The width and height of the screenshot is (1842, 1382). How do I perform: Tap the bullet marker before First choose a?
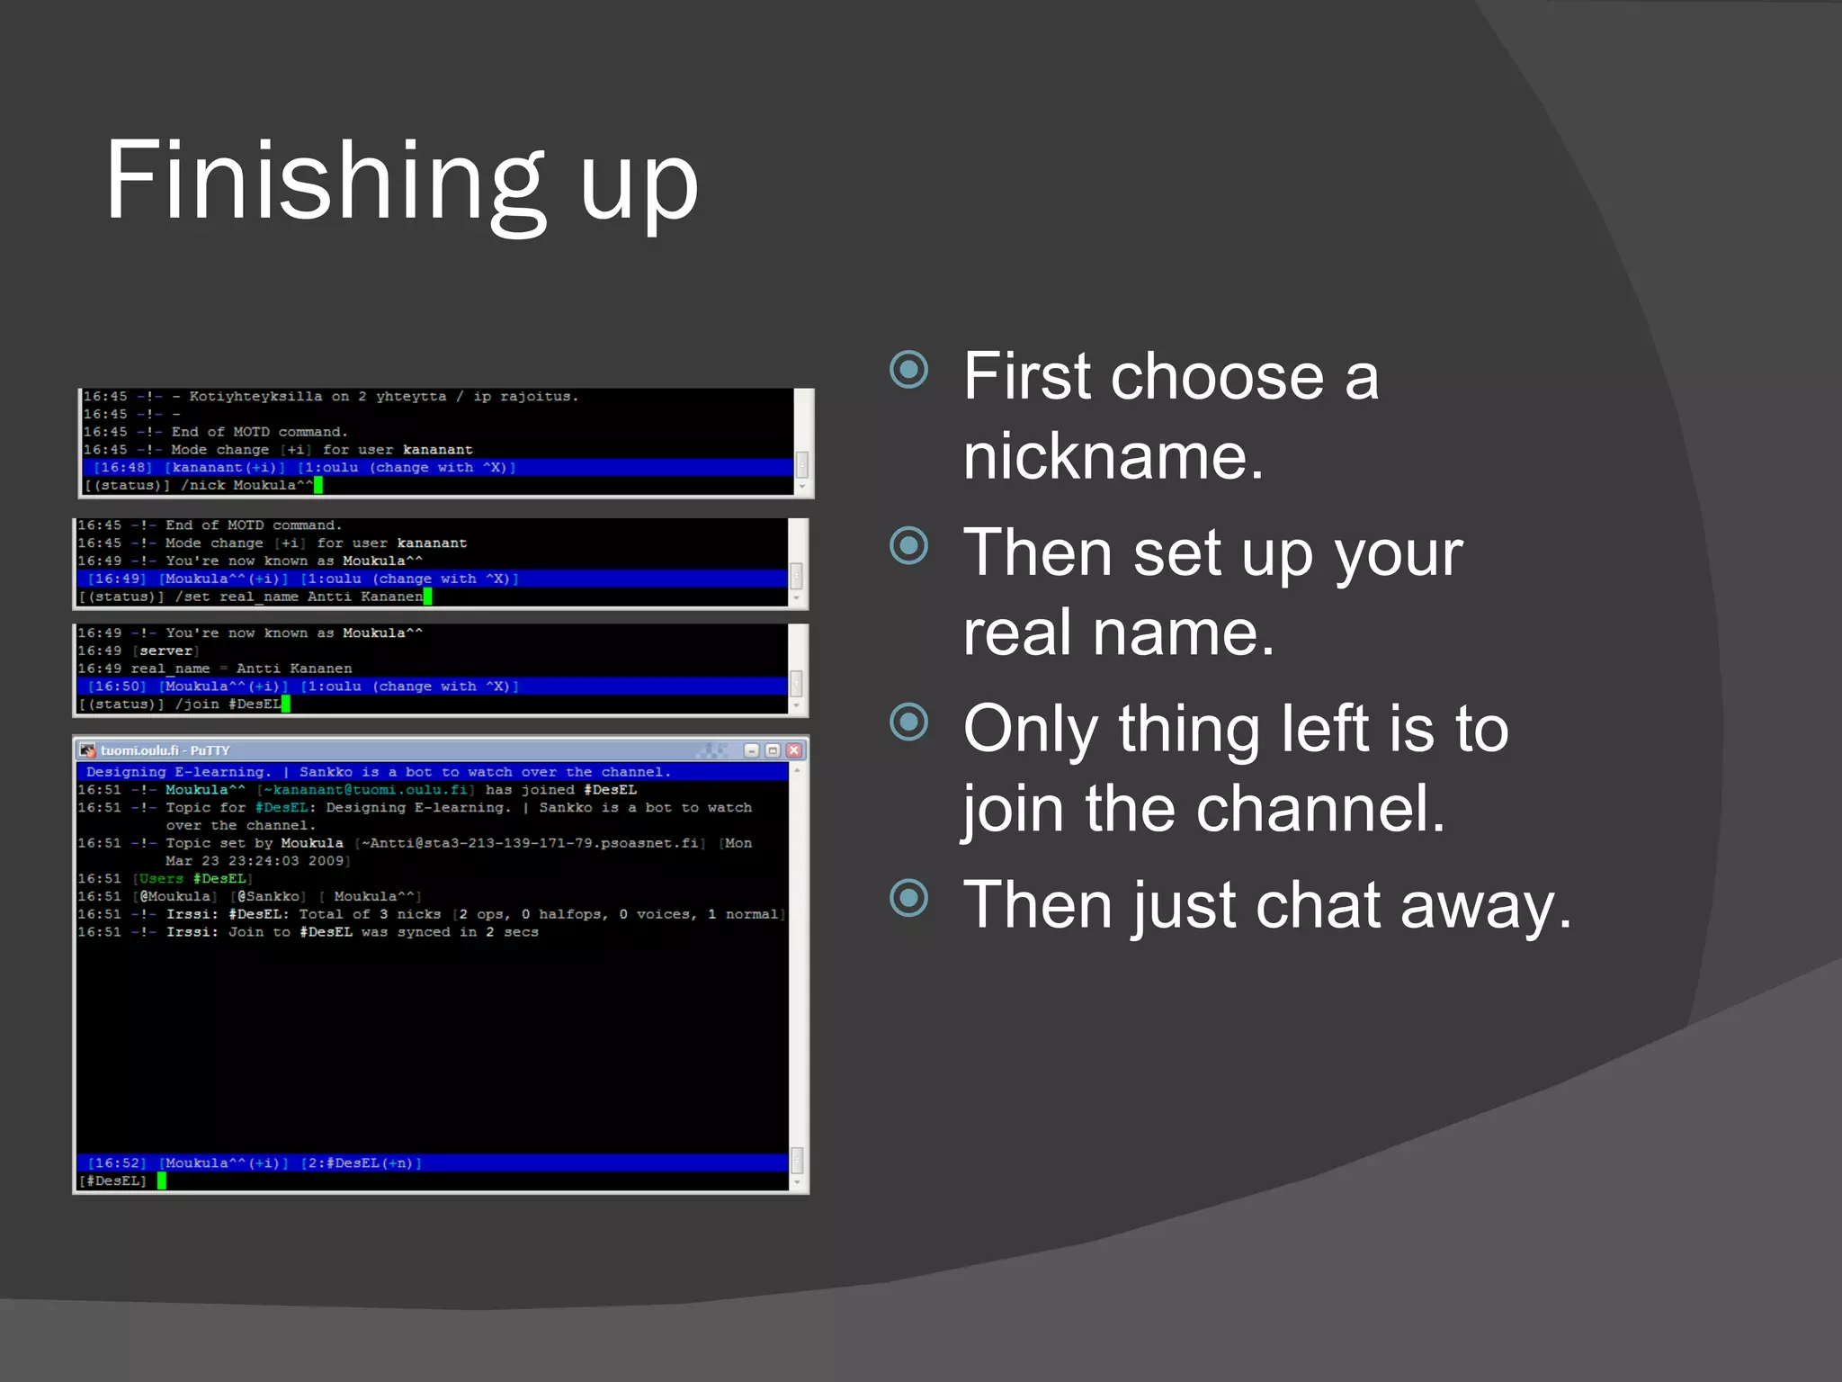point(908,369)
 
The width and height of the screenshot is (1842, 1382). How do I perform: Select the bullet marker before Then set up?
point(908,545)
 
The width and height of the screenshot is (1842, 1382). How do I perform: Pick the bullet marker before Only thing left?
point(908,722)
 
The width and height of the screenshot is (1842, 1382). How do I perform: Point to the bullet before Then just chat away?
point(908,898)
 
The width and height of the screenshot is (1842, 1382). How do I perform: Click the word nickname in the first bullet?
point(1113,455)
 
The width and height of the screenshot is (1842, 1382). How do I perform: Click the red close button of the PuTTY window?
point(793,750)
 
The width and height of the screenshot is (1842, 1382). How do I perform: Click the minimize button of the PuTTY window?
point(752,750)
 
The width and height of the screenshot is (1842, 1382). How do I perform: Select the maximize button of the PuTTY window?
point(773,750)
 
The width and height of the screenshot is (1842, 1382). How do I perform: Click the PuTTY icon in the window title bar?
point(87,750)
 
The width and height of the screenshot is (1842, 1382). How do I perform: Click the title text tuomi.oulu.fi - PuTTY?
point(165,750)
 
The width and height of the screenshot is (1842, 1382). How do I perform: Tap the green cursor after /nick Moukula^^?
point(318,486)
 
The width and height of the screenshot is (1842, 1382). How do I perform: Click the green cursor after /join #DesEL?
point(286,704)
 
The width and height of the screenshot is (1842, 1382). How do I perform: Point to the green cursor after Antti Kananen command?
point(428,597)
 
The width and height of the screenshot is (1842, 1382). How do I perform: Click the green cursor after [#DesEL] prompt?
point(162,1180)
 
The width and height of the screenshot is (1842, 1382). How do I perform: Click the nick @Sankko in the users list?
point(272,896)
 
